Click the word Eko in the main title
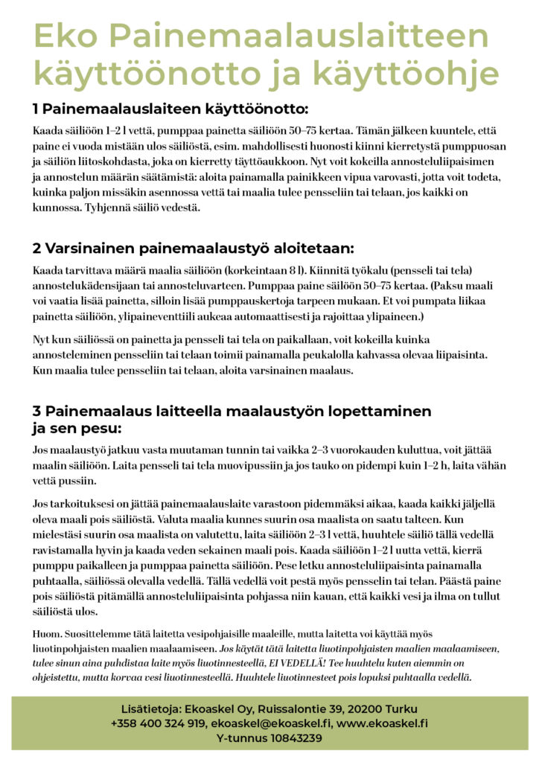66,36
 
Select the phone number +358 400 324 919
158,723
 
